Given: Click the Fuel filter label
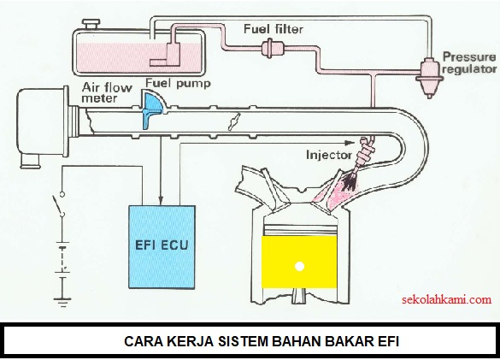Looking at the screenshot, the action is [274, 29].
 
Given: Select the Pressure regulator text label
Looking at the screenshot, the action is [470, 63].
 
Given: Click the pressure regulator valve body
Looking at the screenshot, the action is [429, 77].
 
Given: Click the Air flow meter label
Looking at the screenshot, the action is [107, 93].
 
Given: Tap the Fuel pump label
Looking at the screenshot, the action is [179, 84].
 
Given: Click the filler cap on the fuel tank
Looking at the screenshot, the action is [91, 24].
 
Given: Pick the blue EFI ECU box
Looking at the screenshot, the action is [162, 247].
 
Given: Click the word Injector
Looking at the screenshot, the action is [329, 155].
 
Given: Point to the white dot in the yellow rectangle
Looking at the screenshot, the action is [299, 266].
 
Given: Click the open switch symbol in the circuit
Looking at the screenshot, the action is [59, 204].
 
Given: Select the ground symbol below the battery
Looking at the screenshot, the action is [62, 302].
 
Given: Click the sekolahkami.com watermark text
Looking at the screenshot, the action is [446, 299].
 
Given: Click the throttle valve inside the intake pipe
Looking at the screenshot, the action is [233, 123].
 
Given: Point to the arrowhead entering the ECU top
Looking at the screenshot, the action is [161, 200].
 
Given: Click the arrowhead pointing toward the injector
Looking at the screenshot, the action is [350, 142].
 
